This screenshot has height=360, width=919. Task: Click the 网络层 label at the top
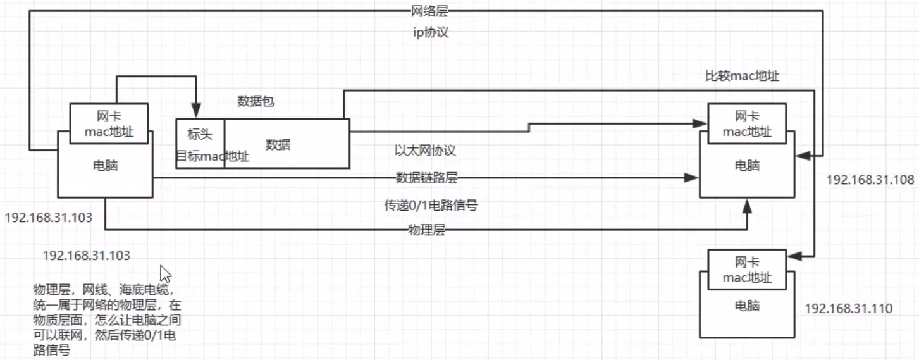(429, 11)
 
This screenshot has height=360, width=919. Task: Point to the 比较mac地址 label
(742, 77)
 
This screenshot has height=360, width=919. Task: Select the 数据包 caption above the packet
(256, 101)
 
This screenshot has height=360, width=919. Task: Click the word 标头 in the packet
(200, 134)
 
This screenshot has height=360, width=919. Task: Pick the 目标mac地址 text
(213, 156)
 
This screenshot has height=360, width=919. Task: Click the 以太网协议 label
(425, 151)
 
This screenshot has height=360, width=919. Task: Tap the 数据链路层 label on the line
(426, 178)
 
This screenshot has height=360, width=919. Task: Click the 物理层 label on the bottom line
(427, 230)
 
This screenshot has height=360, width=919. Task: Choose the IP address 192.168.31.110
(848, 309)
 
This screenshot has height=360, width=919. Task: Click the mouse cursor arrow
(165, 273)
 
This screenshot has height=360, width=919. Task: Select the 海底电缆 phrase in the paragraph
(142, 290)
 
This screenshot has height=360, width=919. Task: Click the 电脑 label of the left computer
(105, 166)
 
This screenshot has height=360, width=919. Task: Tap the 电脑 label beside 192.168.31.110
(747, 306)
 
